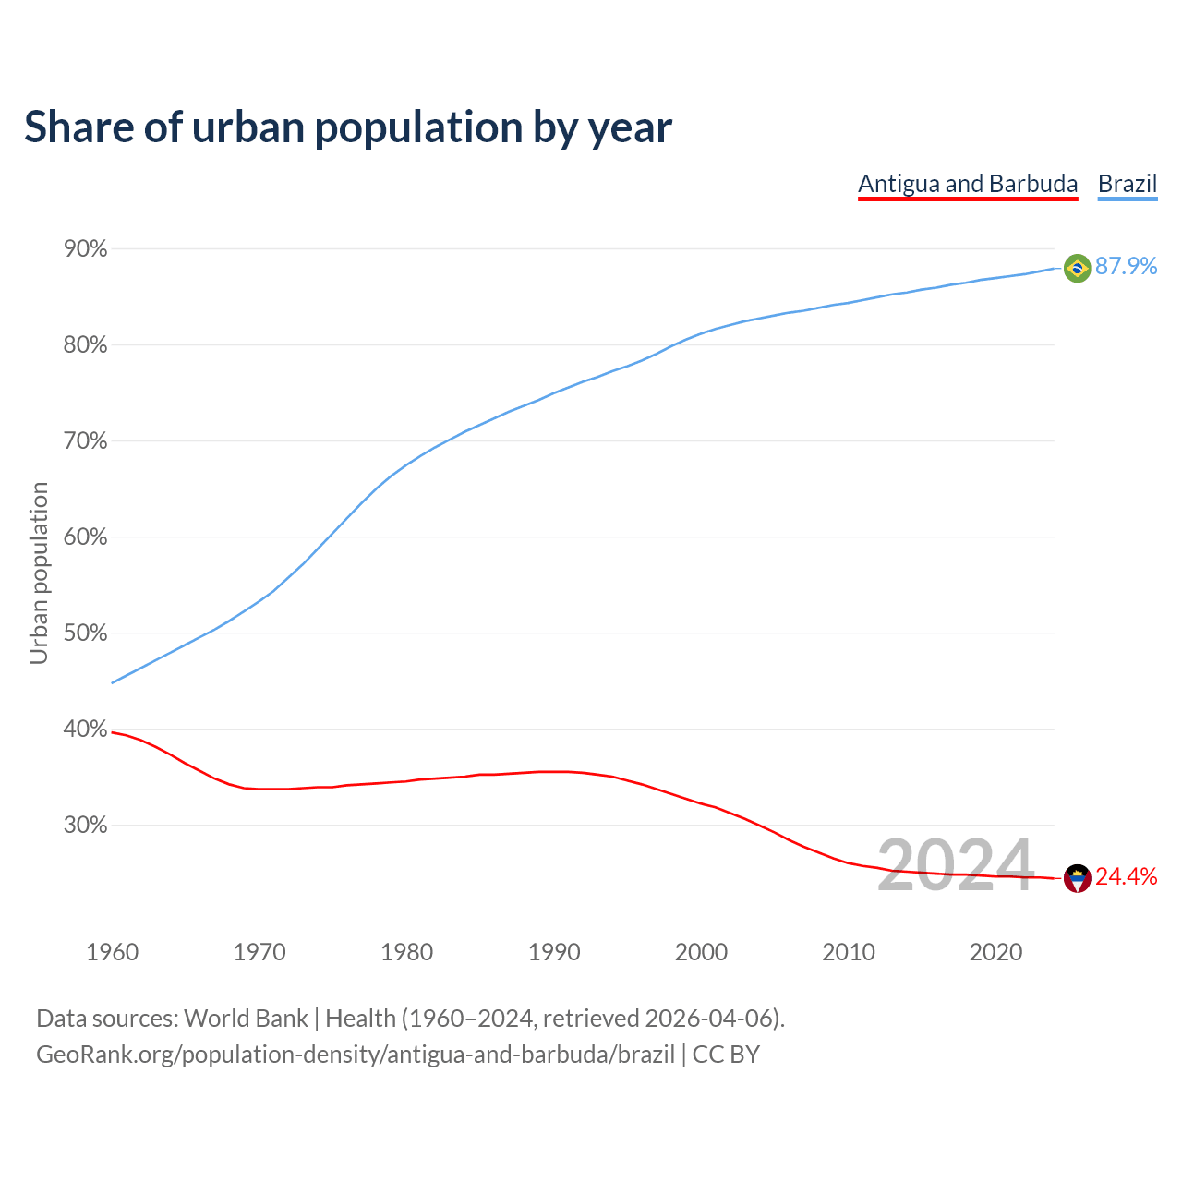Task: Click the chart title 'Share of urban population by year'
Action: coord(348,127)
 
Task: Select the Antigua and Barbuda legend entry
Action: coord(968,184)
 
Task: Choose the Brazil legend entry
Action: coord(1128,184)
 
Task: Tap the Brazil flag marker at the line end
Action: coord(1077,268)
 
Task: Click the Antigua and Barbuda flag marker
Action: coord(1077,878)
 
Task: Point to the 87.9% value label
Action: coord(1126,267)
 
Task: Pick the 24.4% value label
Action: coord(1126,877)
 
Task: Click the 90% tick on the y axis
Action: coord(86,249)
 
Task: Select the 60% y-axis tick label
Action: coord(86,537)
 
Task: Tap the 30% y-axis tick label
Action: coord(86,826)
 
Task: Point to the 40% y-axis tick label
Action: coord(86,730)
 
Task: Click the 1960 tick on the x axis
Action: coord(113,952)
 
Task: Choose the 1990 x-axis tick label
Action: coord(554,952)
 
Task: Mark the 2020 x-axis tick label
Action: coord(995,952)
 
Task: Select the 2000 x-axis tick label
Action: coord(701,952)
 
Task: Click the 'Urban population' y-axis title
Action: coord(39,573)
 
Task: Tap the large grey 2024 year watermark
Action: coord(955,865)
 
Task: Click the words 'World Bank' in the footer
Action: coord(246,1019)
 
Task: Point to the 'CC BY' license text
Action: coord(726,1055)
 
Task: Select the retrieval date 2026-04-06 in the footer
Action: coord(708,1019)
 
